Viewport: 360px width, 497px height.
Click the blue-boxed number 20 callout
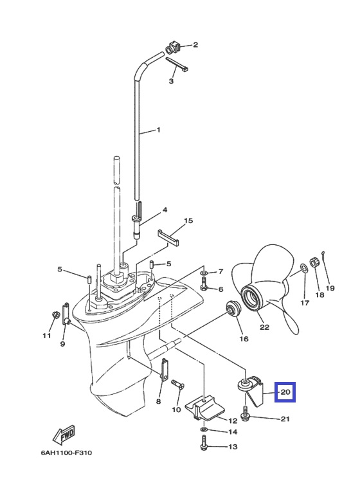pos(285,392)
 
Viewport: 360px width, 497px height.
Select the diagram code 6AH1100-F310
pos(66,452)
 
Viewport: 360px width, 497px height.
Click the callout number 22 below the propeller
pos(264,327)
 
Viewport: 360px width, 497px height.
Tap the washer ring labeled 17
pos(303,268)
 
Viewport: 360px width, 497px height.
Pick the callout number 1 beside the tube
pos(158,130)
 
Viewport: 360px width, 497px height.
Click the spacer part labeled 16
pos(233,309)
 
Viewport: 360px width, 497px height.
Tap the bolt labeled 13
pos(203,443)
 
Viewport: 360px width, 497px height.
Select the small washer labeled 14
pos(203,429)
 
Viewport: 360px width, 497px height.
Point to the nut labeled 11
pos(56,315)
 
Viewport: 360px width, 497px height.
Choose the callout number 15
pos(188,221)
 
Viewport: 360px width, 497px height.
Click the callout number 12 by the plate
pos(233,420)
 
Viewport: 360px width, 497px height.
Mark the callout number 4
pos(165,210)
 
